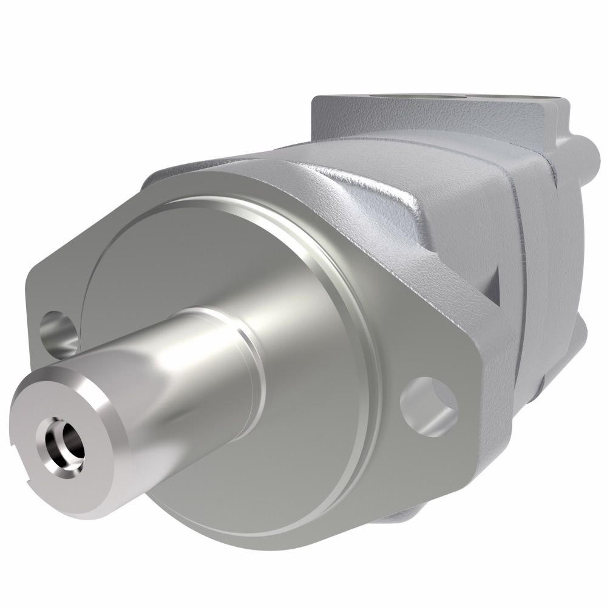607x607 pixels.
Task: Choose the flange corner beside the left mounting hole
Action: tap(36, 303)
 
